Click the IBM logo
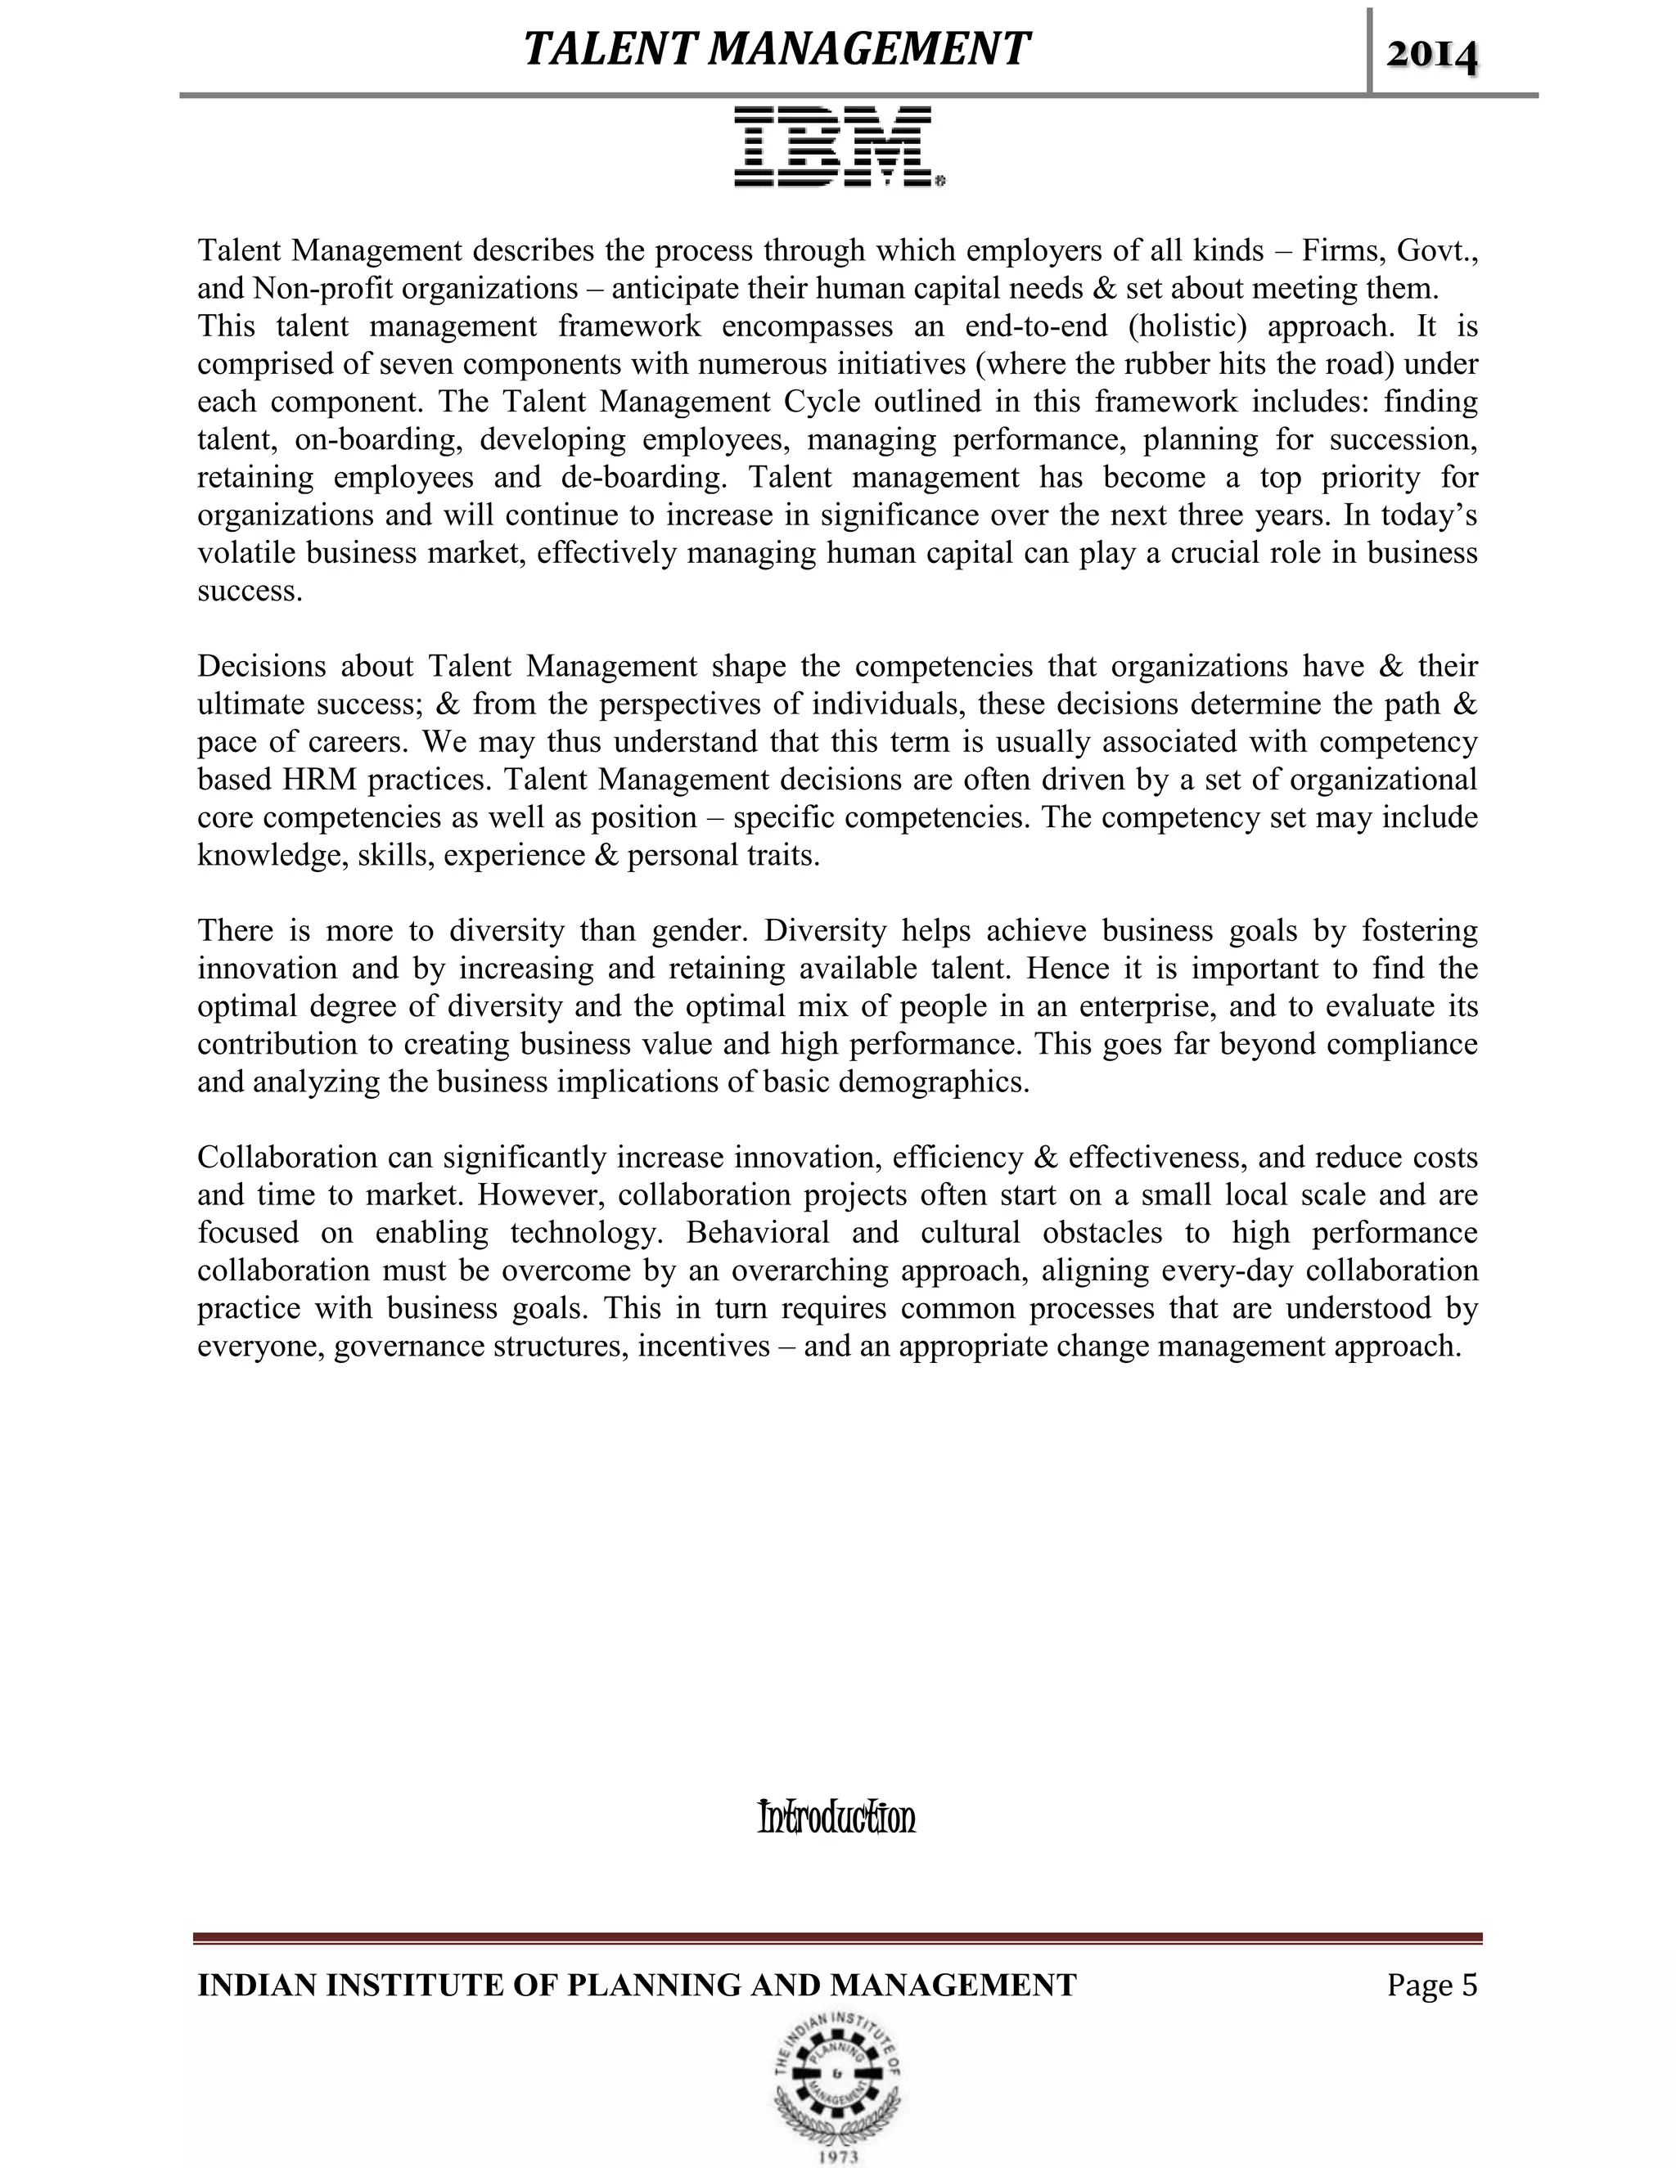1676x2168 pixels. [838, 147]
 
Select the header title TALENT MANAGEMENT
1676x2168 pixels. [776, 48]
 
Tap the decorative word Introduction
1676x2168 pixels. [836, 1818]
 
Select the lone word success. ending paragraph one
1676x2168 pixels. [250, 591]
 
